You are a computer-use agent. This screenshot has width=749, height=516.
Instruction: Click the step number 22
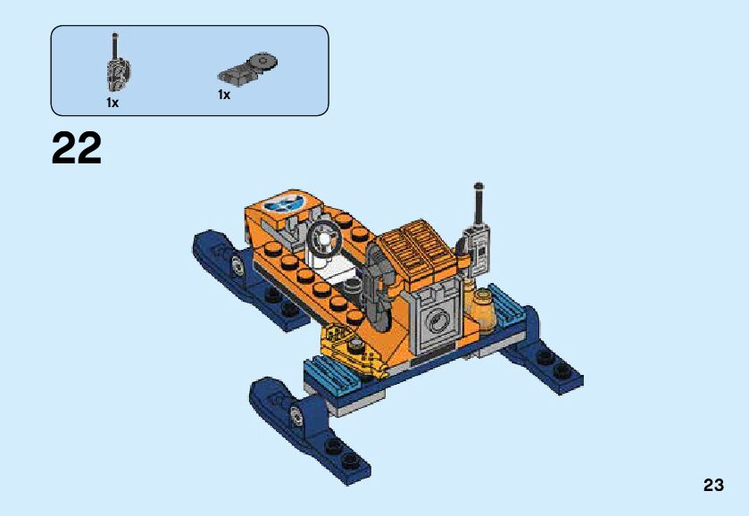pyautogui.click(x=77, y=148)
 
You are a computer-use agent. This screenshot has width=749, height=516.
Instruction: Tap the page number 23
pyautogui.click(x=713, y=485)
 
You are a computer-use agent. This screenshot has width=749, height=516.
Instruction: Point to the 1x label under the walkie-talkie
pyautogui.click(x=112, y=103)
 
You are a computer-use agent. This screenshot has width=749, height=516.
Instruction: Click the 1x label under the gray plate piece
pyautogui.click(x=224, y=96)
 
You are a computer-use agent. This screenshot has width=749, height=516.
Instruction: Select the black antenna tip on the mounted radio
pyautogui.click(x=479, y=186)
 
